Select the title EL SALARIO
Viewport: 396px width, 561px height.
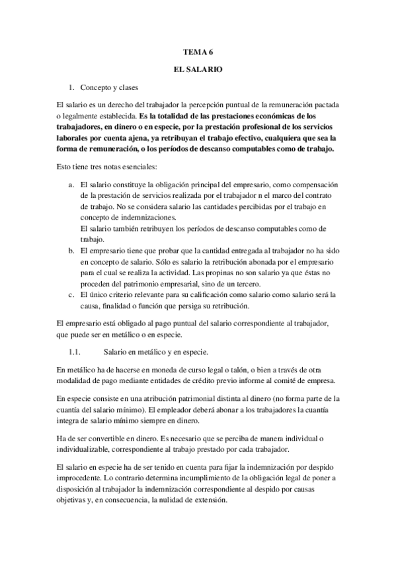(x=198, y=68)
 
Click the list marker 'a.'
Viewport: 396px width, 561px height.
(x=72, y=183)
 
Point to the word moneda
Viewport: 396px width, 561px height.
(x=150, y=368)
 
